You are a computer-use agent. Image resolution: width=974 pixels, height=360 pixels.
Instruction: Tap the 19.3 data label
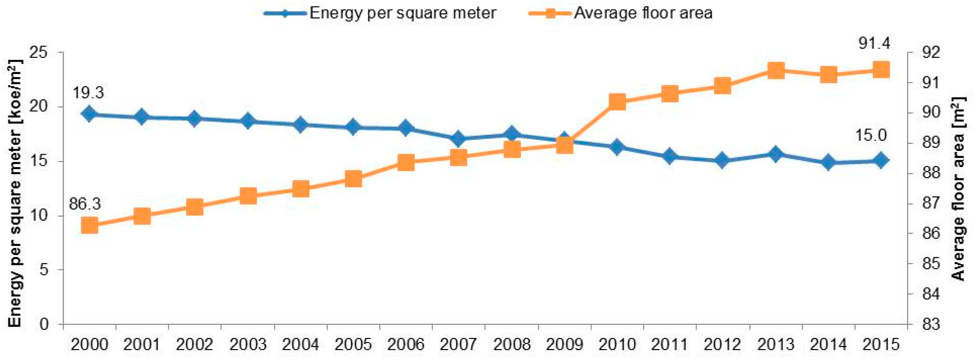tap(88, 92)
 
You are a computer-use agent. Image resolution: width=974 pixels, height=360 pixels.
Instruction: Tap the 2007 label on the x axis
tap(459, 345)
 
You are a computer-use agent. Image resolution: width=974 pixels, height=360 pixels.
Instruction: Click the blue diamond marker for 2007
tap(459, 139)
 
